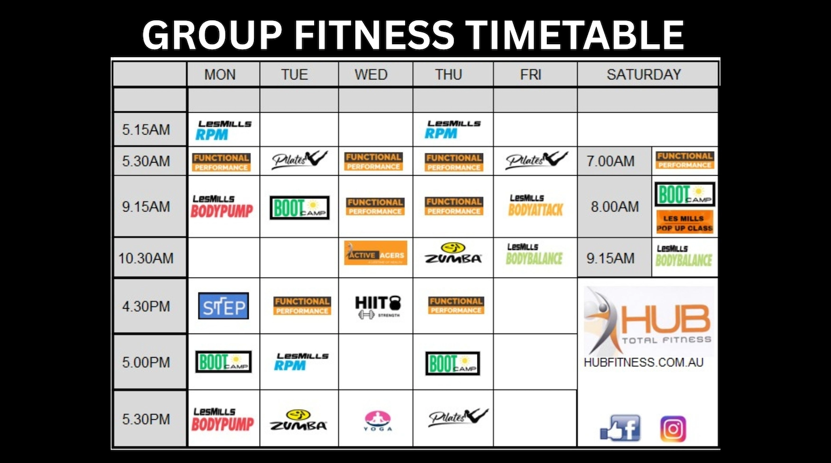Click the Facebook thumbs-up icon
[x=621, y=429]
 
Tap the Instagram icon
[x=673, y=429]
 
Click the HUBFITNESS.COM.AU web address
[x=644, y=362]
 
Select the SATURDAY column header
[x=644, y=74]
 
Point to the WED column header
[x=371, y=74]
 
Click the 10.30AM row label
[x=146, y=258]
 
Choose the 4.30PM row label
[x=146, y=307]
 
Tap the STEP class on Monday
[x=223, y=306]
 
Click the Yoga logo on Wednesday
[x=378, y=420]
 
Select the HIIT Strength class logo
[x=378, y=306]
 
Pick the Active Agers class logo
[x=376, y=253]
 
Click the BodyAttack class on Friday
[x=535, y=206]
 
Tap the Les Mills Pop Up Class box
[x=685, y=222]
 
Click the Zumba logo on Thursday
[x=453, y=253]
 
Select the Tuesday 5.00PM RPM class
[x=301, y=362]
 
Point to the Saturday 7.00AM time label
[x=610, y=161]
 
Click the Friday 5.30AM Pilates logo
[x=536, y=160]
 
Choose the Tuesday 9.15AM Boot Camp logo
[x=300, y=207]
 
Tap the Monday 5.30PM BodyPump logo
[x=222, y=419]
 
